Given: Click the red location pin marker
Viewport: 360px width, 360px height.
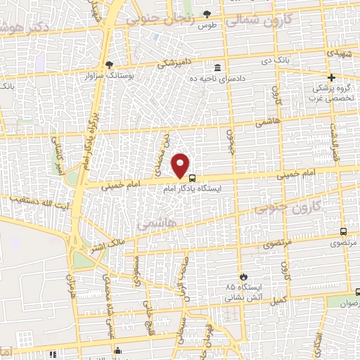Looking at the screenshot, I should coord(181,166).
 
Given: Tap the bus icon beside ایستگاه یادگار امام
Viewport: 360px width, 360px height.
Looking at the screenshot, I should coord(193,179).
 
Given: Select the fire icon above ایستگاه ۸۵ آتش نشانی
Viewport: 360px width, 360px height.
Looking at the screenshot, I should coord(244,276).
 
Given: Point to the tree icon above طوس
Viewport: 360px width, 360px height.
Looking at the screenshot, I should coord(206,13).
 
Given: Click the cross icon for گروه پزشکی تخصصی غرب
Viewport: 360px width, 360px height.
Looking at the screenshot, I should coord(332,77).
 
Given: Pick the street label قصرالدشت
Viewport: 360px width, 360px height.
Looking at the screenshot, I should coord(333,141).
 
